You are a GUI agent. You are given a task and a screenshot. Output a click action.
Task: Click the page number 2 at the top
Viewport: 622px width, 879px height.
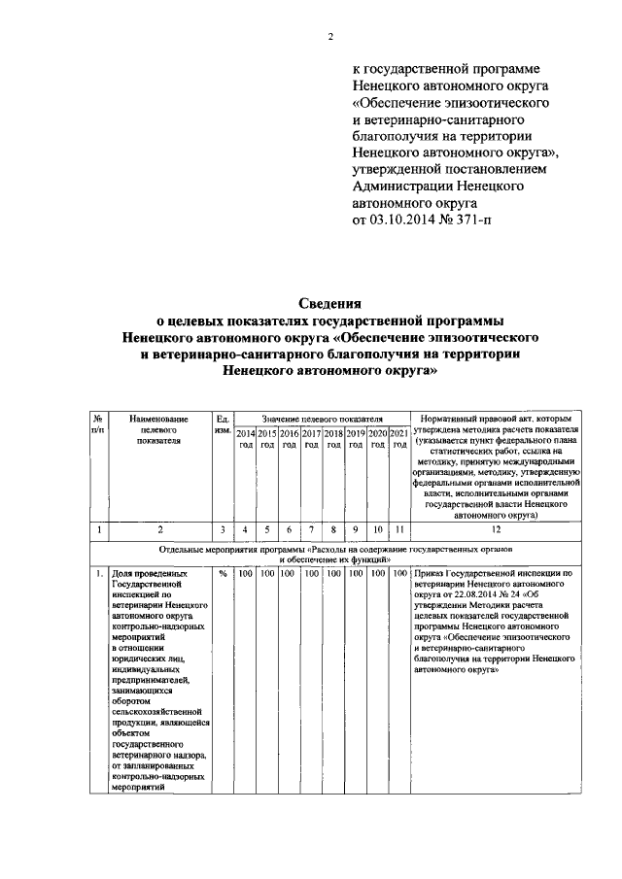(329, 39)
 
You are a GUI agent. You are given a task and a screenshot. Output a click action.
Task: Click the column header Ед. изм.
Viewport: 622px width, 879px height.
(222, 423)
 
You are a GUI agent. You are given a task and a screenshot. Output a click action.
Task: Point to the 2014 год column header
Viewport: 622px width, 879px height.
(246, 437)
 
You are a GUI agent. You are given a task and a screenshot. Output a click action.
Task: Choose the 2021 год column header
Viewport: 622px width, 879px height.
(398, 437)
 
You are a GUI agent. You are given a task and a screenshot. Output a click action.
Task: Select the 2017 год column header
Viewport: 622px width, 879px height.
(311, 437)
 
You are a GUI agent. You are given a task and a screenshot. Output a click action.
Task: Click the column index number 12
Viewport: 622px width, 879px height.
(497, 529)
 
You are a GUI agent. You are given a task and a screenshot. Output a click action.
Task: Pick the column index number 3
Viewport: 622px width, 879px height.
(222, 529)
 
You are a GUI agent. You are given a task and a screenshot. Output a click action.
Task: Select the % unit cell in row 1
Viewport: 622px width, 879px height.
(222, 574)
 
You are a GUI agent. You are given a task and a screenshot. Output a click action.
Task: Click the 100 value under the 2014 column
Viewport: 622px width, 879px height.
(246, 574)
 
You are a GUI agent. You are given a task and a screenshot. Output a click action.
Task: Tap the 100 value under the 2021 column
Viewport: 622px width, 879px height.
(398, 574)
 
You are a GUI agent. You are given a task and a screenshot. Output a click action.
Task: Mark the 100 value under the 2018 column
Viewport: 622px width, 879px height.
(333, 574)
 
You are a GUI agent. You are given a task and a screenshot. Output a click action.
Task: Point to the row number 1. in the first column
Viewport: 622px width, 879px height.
(99, 574)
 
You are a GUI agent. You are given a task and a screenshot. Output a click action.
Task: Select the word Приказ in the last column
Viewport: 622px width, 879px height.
(429, 574)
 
